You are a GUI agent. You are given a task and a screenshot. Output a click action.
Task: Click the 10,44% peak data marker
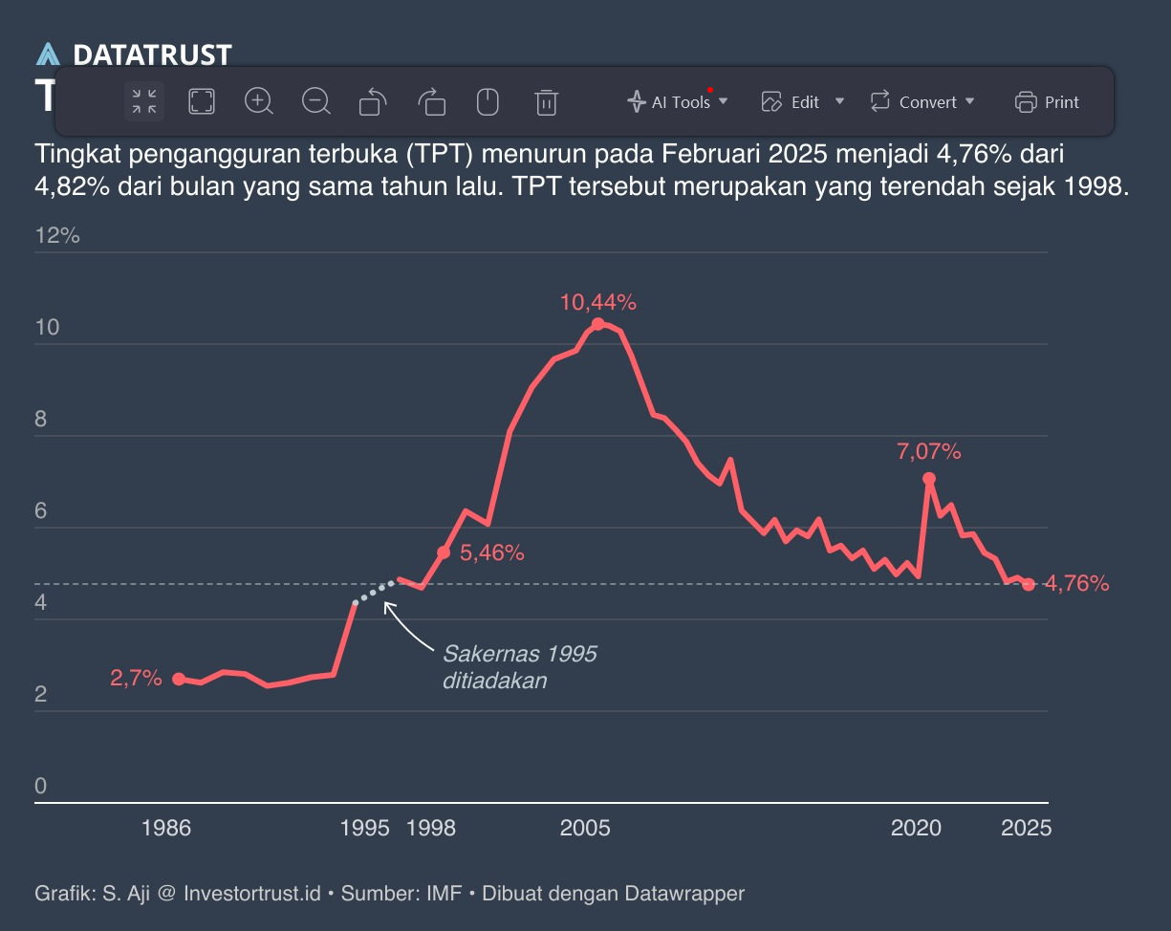598,324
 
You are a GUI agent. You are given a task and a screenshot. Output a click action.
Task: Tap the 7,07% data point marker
928,478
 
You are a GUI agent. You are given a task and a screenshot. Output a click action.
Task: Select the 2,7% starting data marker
179,679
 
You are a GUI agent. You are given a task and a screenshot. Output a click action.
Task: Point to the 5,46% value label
492,552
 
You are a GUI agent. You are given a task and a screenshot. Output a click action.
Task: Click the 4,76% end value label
1076,583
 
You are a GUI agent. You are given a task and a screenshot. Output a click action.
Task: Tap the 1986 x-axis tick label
166,828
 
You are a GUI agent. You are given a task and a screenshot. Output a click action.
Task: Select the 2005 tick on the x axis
585,828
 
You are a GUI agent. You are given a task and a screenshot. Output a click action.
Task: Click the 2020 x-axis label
916,828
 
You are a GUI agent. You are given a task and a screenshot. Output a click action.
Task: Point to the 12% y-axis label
57,236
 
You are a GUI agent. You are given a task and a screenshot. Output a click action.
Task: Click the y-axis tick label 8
41,420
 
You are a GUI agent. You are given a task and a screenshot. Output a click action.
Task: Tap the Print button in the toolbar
1048,101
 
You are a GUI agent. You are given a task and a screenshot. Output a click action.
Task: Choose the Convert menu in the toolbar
922,101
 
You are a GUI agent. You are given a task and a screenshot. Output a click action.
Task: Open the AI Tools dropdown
678,101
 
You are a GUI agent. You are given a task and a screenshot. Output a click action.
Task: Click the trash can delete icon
546,101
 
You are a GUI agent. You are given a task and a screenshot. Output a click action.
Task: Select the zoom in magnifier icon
259,100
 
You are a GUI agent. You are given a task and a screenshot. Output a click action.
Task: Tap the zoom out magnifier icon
316,100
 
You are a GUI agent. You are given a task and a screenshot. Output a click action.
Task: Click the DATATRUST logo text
151,55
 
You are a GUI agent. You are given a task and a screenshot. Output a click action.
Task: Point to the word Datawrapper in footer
683,894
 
